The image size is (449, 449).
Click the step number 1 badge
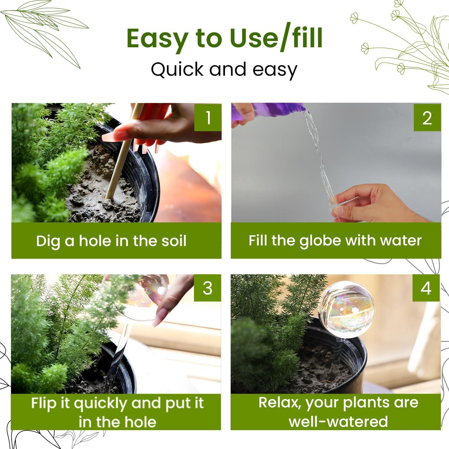point(208,117)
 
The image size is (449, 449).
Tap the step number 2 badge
point(427,117)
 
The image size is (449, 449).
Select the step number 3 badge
point(207,288)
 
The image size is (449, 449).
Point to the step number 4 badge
point(426,288)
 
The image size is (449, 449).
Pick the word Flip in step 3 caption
point(43,404)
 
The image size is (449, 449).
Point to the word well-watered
point(338,421)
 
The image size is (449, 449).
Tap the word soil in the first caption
point(173,241)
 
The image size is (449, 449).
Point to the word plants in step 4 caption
point(367,403)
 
